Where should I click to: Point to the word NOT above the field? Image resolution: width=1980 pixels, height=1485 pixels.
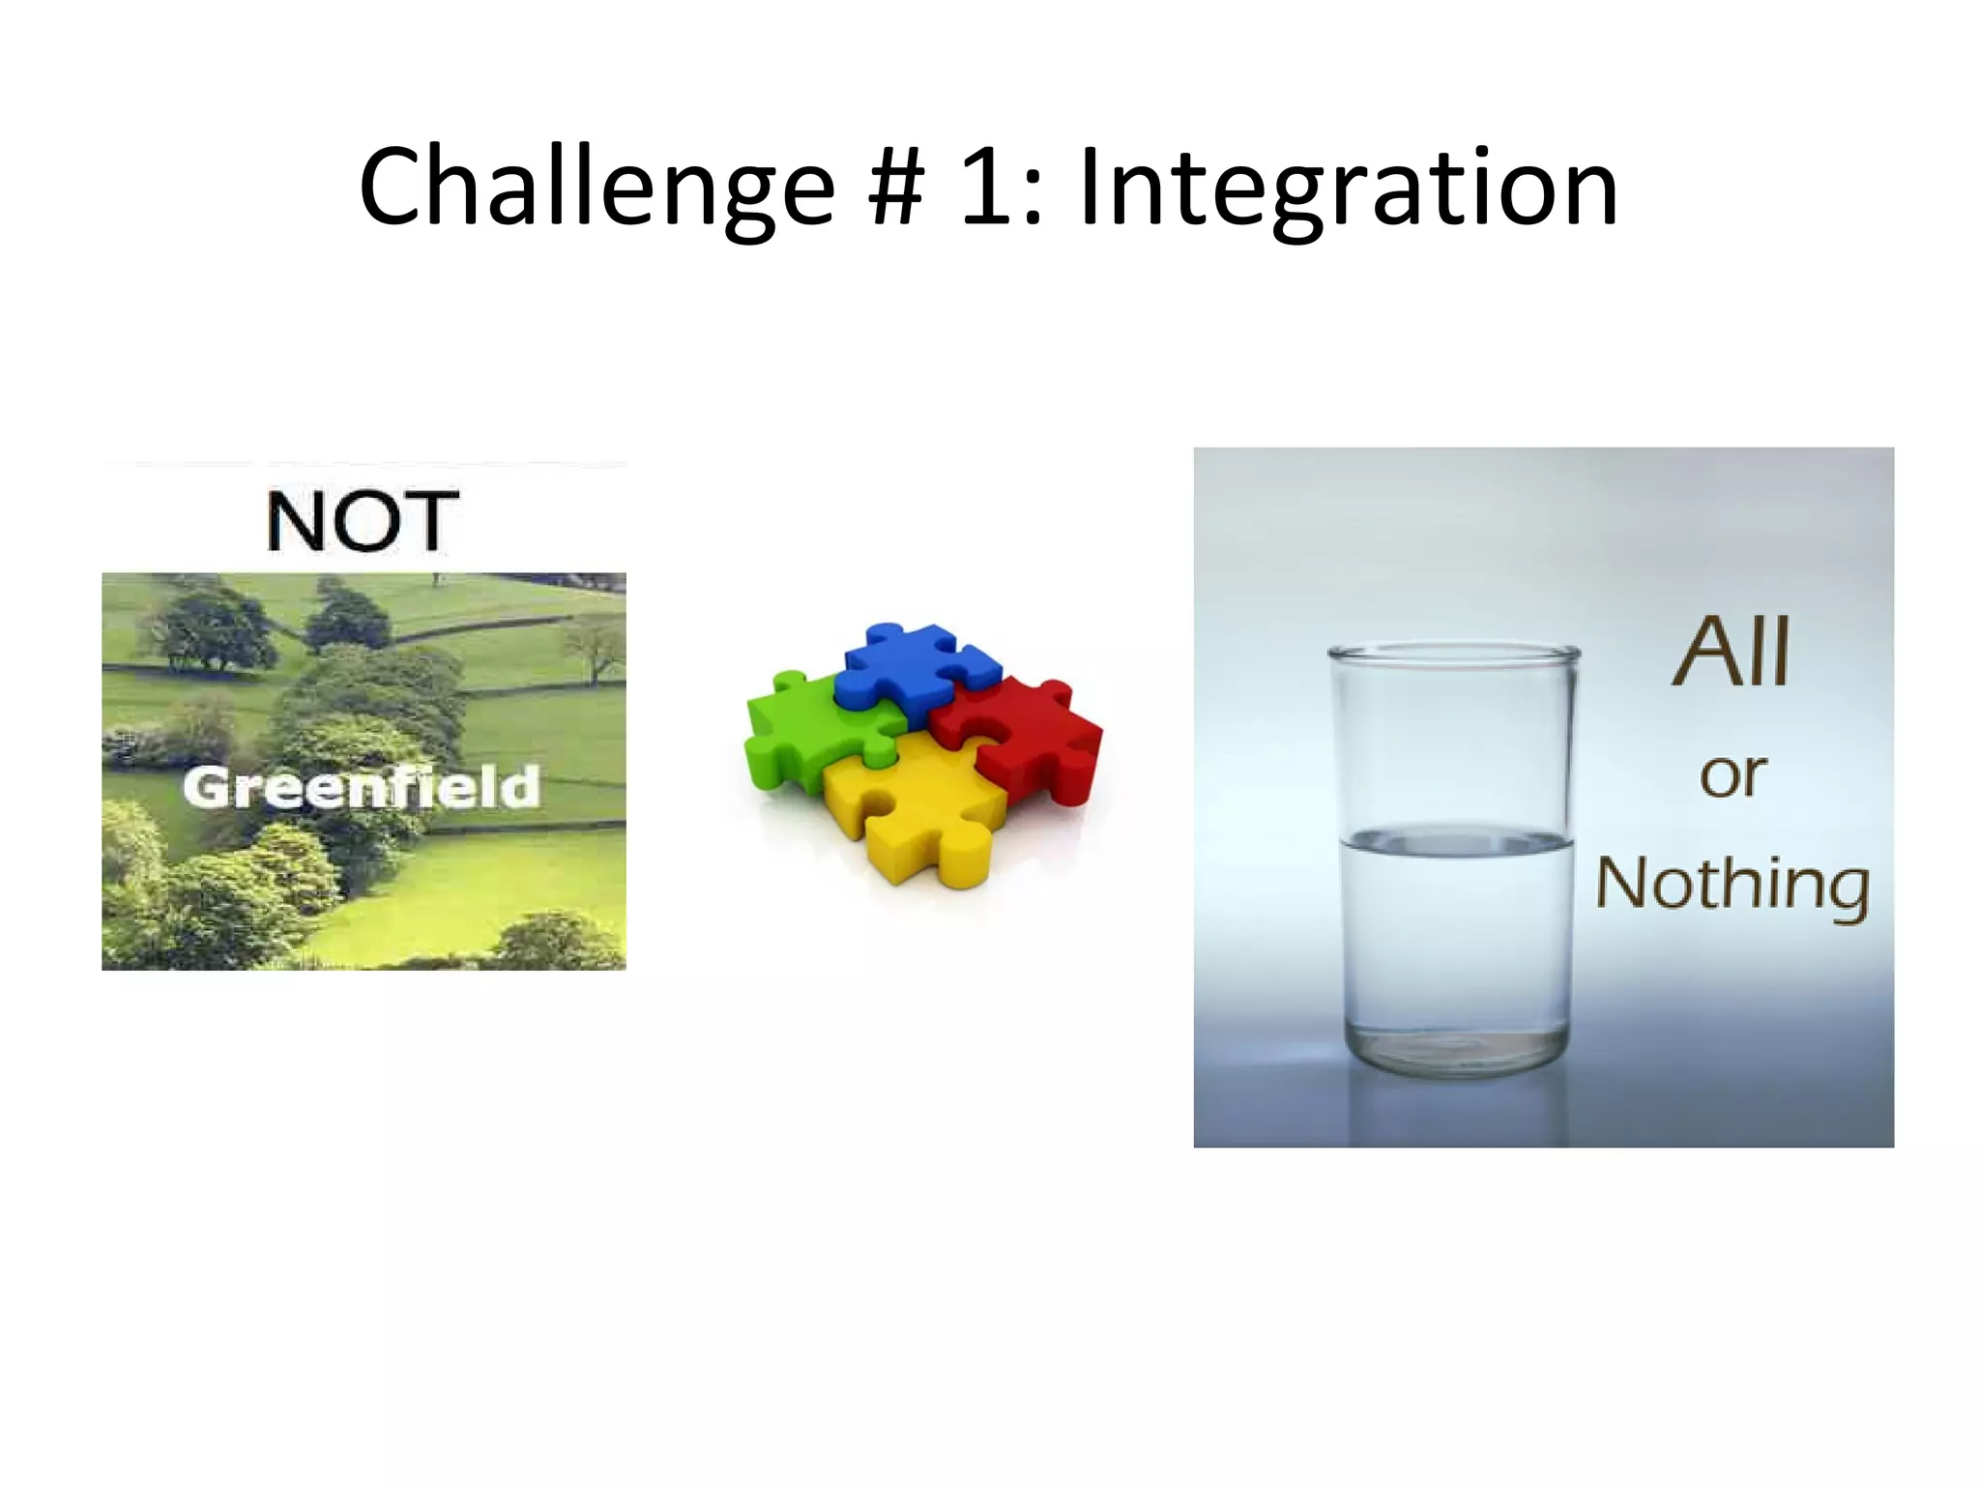[x=363, y=521]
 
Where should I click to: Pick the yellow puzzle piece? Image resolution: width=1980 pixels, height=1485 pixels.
[x=914, y=812]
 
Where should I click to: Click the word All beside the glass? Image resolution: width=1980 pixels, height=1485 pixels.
[x=1732, y=652]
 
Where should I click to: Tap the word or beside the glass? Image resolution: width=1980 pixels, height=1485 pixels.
[x=1732, y=775]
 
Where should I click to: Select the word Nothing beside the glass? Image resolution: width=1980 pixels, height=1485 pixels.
[x=1732, y=884]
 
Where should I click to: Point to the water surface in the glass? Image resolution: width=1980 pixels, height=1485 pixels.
[x=1455, y=841]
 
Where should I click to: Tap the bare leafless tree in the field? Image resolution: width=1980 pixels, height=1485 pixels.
[x=596, y=648]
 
